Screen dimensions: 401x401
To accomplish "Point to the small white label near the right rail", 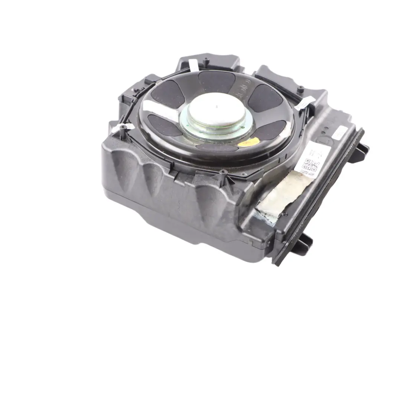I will coord(340,132).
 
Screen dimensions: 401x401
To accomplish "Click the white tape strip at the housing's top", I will coord(193,65).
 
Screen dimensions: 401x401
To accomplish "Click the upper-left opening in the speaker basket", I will coord(167,94).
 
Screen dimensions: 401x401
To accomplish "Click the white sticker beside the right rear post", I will coord(304,103).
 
